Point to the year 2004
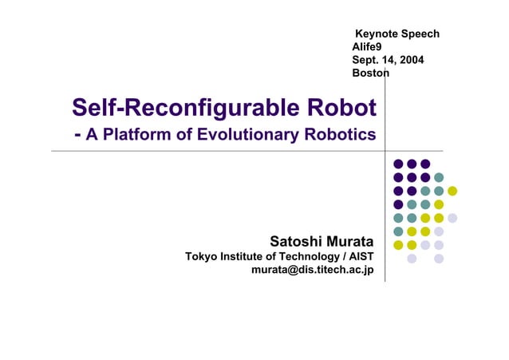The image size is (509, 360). tap(411, 60)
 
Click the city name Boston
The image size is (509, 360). tap(370, 73)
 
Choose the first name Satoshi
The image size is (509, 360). tap(294, 241)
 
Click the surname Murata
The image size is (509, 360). tap(349, 241)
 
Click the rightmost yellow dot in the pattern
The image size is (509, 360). tap(452, 191)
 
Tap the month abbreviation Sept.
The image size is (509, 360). tap(366, 60)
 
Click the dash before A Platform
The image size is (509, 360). tap(77, 135)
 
